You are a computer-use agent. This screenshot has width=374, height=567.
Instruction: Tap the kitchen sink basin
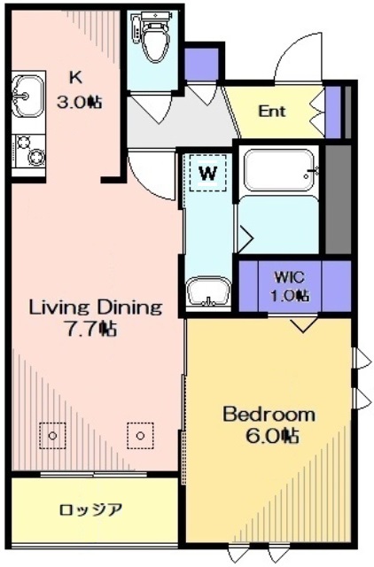(27, 96)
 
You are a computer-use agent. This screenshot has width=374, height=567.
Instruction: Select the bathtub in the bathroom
(278, 170)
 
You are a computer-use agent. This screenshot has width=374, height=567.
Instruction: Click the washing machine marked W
(208, 173)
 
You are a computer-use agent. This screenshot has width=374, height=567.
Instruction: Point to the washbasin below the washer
(208, 292)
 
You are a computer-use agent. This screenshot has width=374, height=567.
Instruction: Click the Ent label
(272, 111)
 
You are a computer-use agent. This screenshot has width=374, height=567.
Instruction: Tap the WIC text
(289, 277)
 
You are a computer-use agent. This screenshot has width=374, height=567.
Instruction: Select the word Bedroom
(269, 415)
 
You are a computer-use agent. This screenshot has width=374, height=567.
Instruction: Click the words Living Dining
(96, 307)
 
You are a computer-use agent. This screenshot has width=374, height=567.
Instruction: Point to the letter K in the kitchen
(75, 77)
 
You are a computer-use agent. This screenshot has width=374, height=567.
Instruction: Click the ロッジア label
(90, 510)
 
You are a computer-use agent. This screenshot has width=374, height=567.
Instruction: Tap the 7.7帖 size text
(90, 329)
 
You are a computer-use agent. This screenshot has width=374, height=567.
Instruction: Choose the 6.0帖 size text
(272, 436)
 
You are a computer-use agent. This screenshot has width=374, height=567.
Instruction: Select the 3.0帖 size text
(79, 103)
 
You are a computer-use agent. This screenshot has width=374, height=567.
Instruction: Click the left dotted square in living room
(52, 436)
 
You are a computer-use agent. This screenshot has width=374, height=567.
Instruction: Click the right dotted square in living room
(140, 436)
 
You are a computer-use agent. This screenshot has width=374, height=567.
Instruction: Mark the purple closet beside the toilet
(201, 64)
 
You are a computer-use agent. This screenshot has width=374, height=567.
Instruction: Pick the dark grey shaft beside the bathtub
(339, 199)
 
